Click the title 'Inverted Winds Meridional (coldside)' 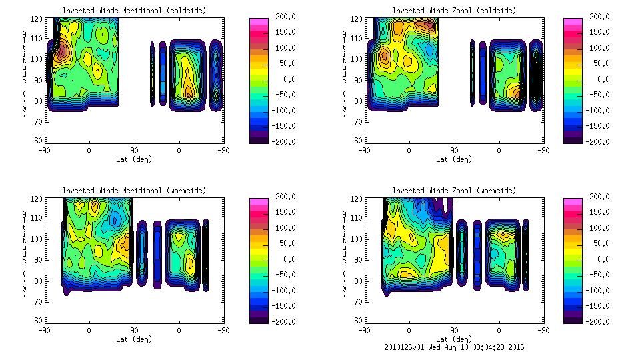coord(134,10)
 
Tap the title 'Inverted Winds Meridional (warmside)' coord(134,190)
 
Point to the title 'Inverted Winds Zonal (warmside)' coord(454,190)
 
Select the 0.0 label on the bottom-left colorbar coord(287,259)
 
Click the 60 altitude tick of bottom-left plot coord(39,321)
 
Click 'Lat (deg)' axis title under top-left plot coord(134,159)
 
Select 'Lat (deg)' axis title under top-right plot coord(454,159)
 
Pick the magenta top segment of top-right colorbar coord(573,21)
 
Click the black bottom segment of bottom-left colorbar coord(260,318)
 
